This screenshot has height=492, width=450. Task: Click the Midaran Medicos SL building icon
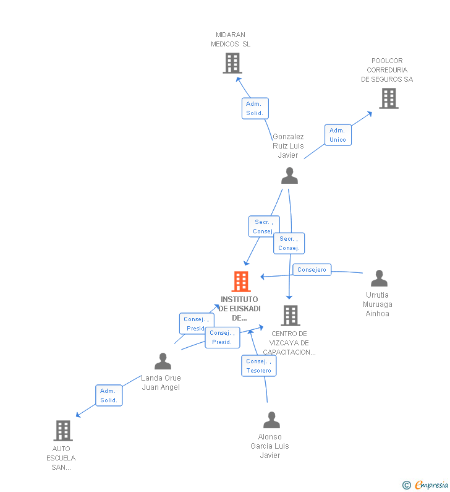(x=232, y=63)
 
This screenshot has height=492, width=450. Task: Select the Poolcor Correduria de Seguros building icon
(x=389, y=98)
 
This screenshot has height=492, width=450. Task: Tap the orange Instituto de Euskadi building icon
(x=241, y=282)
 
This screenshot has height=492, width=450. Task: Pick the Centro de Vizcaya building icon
(x=290, y=316)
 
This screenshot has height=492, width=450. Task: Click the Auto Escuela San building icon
(x=62, y=431)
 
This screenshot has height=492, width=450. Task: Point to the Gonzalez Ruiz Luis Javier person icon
(x=289, y=176)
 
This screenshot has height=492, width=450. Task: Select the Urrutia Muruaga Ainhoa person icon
(x=379, y=278)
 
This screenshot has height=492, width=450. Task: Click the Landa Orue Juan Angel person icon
(x=163, y=361)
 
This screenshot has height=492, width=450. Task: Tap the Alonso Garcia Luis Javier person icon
(x=271, y=420)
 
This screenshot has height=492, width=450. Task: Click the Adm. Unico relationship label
(x=337, y=135)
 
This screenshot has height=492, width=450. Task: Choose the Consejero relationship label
(x=312, y=270)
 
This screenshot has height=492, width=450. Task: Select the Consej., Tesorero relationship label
(x=258, y=366)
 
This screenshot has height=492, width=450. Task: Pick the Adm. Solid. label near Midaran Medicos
(x=255, y=108)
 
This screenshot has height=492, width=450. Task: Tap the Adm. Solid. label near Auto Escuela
(x=109, y=395)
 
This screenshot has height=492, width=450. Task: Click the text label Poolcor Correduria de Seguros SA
(x=387, y=70)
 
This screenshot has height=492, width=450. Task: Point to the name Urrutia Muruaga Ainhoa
(x=378, y=304)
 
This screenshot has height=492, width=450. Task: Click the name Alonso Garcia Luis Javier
(x=270, y=446)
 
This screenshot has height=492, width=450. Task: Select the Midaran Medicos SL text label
(x=231, y=40)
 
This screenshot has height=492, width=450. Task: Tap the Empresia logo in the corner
(x=426, y=485)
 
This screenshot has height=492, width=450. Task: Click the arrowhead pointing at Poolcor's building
(x=370, y=113)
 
